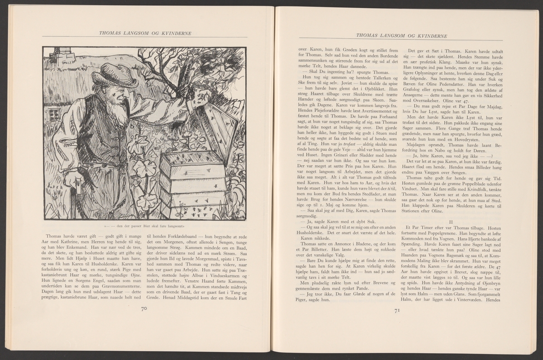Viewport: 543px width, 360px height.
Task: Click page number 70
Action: coord(144,309)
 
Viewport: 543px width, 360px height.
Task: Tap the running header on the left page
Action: coord(144,33)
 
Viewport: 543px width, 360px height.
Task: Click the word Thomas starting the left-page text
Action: coord(56,236)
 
